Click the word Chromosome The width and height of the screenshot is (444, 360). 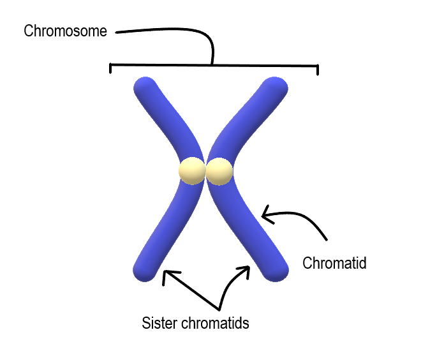coord(65,31)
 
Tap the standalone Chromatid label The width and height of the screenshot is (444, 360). coord(334,262)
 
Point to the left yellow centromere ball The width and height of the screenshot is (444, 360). coord(191,171)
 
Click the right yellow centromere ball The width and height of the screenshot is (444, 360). coord(219,171)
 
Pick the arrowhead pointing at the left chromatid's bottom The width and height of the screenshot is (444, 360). coord(165,275)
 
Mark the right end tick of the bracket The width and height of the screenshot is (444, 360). coord(317,69)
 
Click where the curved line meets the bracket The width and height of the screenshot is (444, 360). coord(213,64)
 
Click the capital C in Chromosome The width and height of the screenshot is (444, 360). coord(28,31)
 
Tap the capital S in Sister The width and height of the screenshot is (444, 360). coord(145,323)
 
